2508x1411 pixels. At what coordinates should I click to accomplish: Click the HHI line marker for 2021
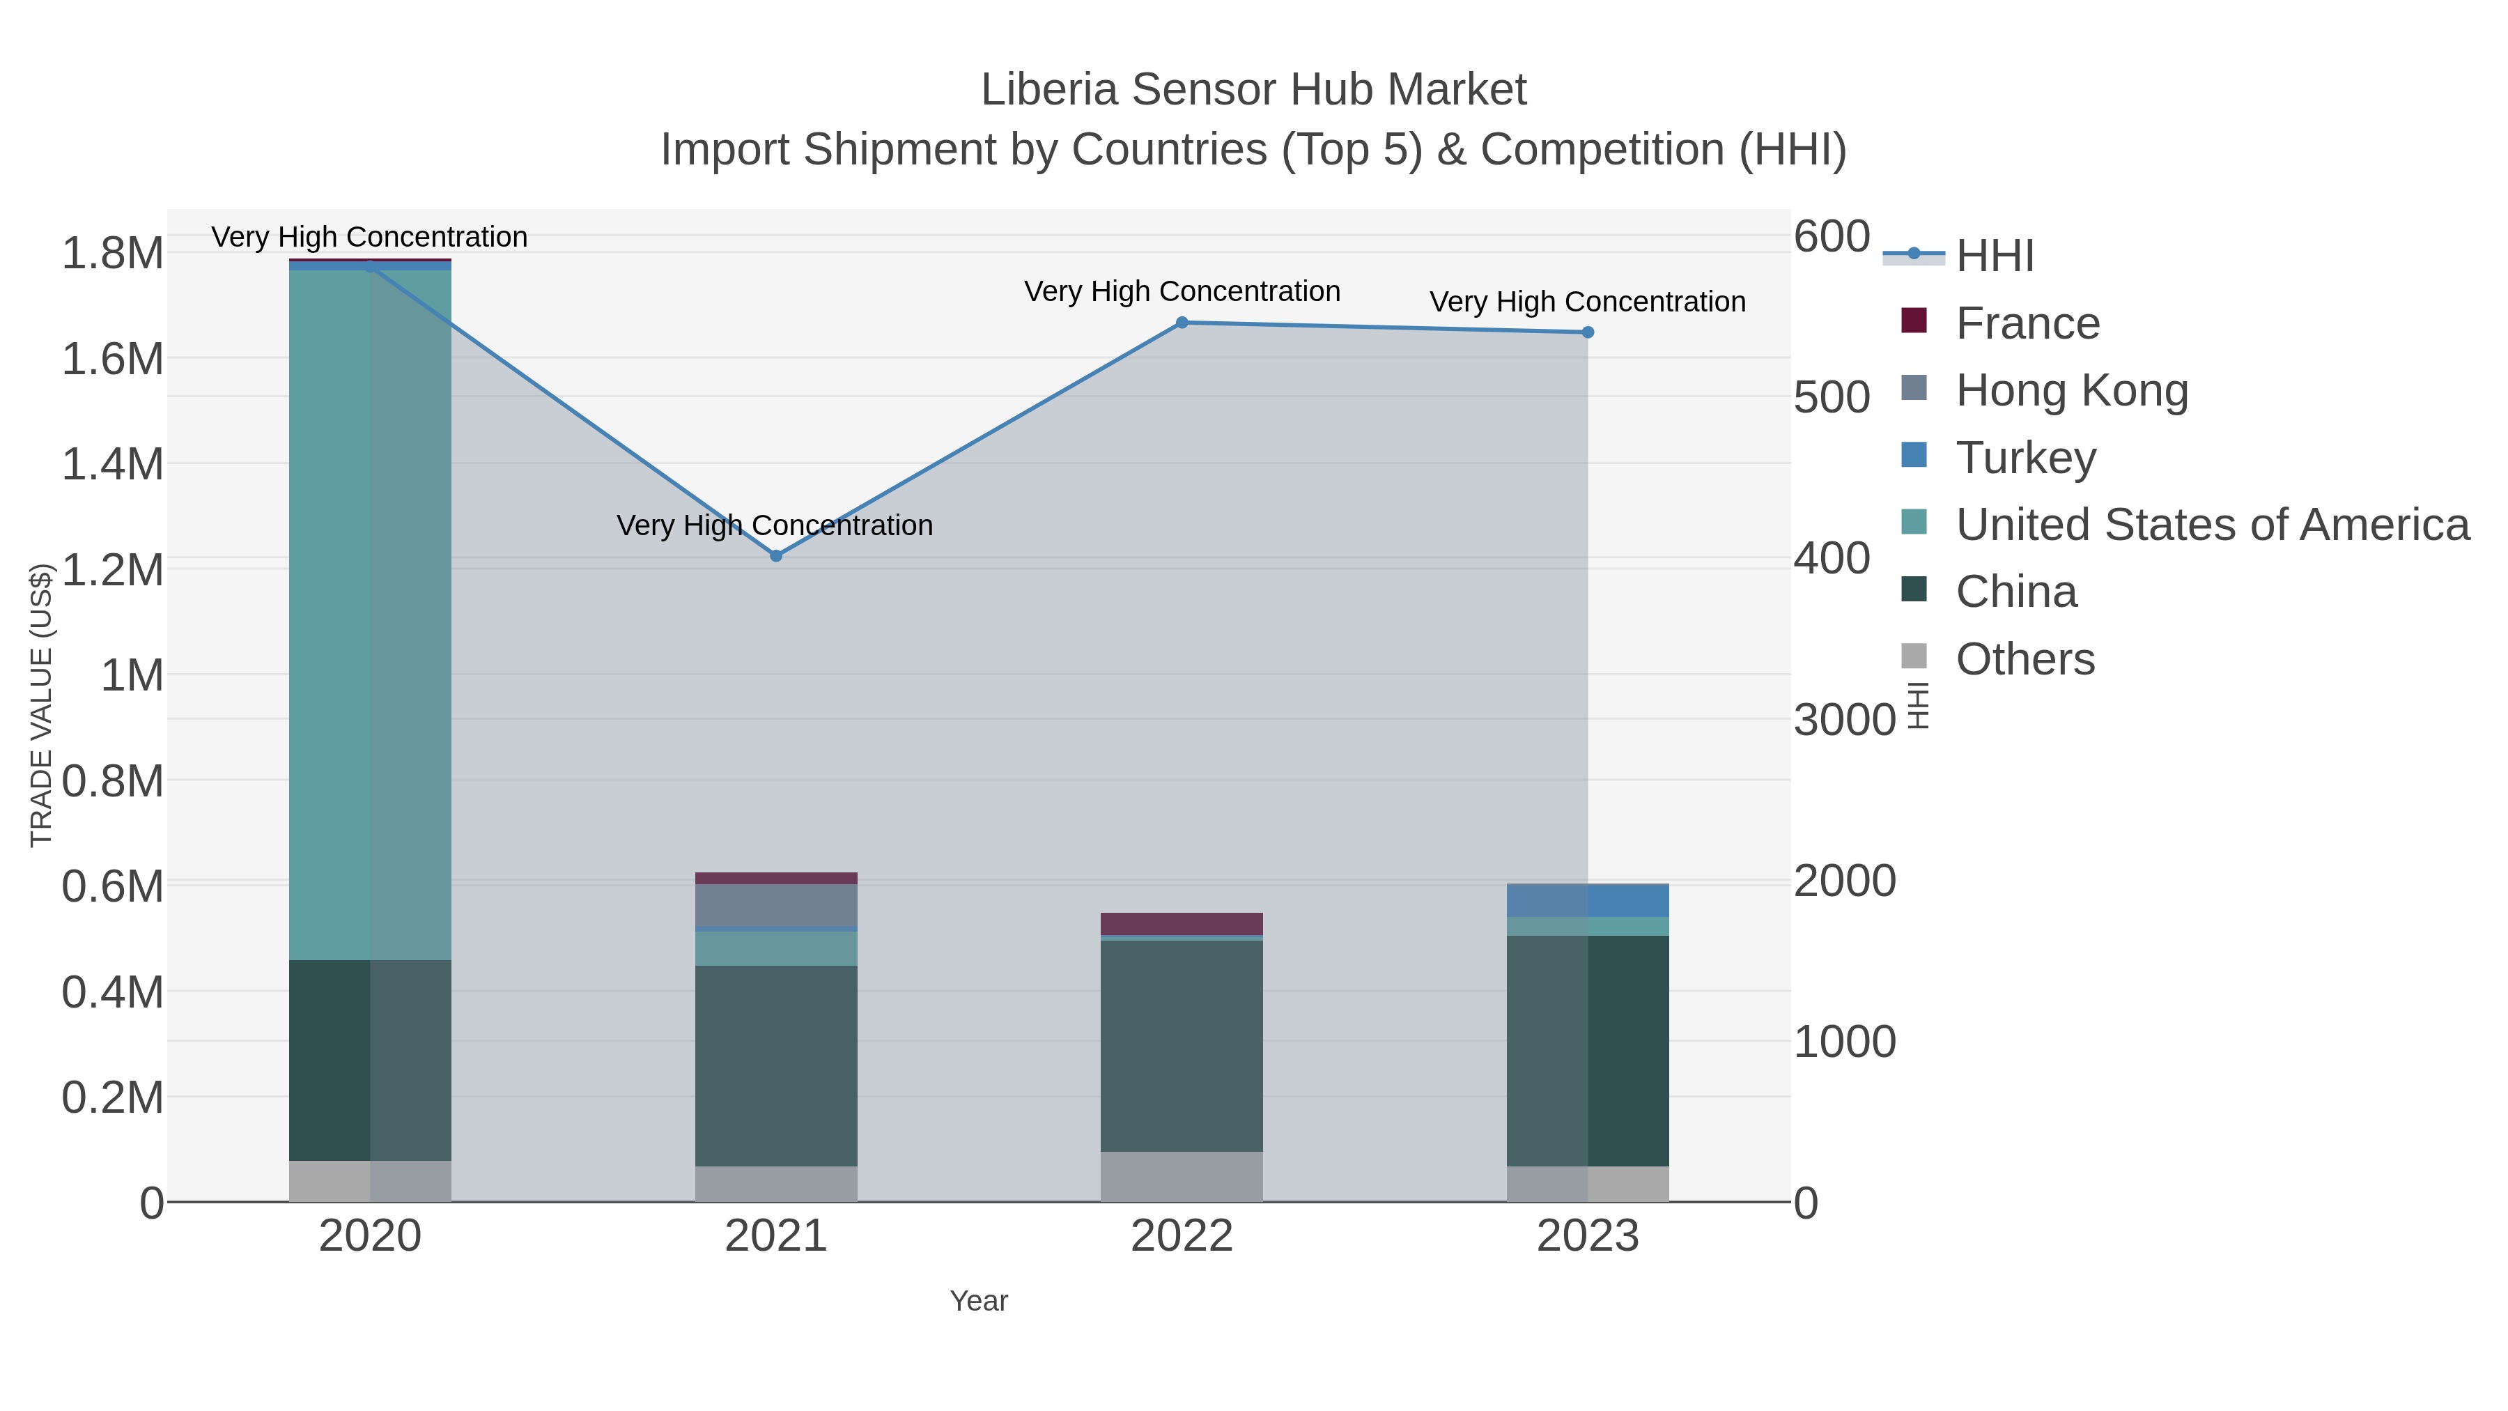point(776,556)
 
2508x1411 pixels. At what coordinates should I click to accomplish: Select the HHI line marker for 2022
point(1182,323)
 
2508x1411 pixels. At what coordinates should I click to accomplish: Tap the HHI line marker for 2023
point(1588,332)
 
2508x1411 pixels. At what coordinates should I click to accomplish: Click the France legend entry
point(2027,323)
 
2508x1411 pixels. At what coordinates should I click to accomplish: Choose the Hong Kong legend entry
point(2071,390)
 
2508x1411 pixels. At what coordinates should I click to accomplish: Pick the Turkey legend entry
point(2025,458)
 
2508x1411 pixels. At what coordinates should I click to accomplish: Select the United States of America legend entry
point(2212,525)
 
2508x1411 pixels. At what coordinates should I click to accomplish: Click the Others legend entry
point(2025,659)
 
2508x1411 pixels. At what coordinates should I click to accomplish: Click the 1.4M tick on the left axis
point(113,463)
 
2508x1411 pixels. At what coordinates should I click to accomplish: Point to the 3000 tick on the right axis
point(1844,720)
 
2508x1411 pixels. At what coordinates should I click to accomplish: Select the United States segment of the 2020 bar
point(370,613)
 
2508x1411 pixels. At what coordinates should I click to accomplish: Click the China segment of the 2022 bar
point(1182,1047)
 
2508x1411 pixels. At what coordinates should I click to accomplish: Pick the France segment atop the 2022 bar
point(1182,923)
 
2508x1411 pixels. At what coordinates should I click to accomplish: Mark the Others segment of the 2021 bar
point(776,1184)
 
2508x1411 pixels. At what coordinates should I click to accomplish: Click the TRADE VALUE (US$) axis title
point(41,705)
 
